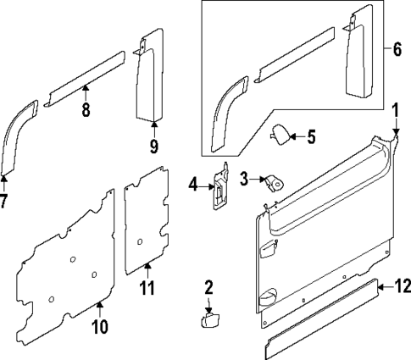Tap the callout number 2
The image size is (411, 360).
(208, 288)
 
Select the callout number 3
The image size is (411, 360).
(243, 179)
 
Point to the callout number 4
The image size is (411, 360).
(193, 183)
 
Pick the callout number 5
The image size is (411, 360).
(310, 136)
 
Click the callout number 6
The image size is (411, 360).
(397, 48)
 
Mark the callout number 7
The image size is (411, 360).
(3, 202)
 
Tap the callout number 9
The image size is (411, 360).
(153, 147)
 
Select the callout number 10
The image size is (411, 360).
(99, 326)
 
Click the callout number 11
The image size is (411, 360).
(147, 289)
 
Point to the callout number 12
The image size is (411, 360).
(402, 286)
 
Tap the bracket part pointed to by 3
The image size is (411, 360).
(274, 183)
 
